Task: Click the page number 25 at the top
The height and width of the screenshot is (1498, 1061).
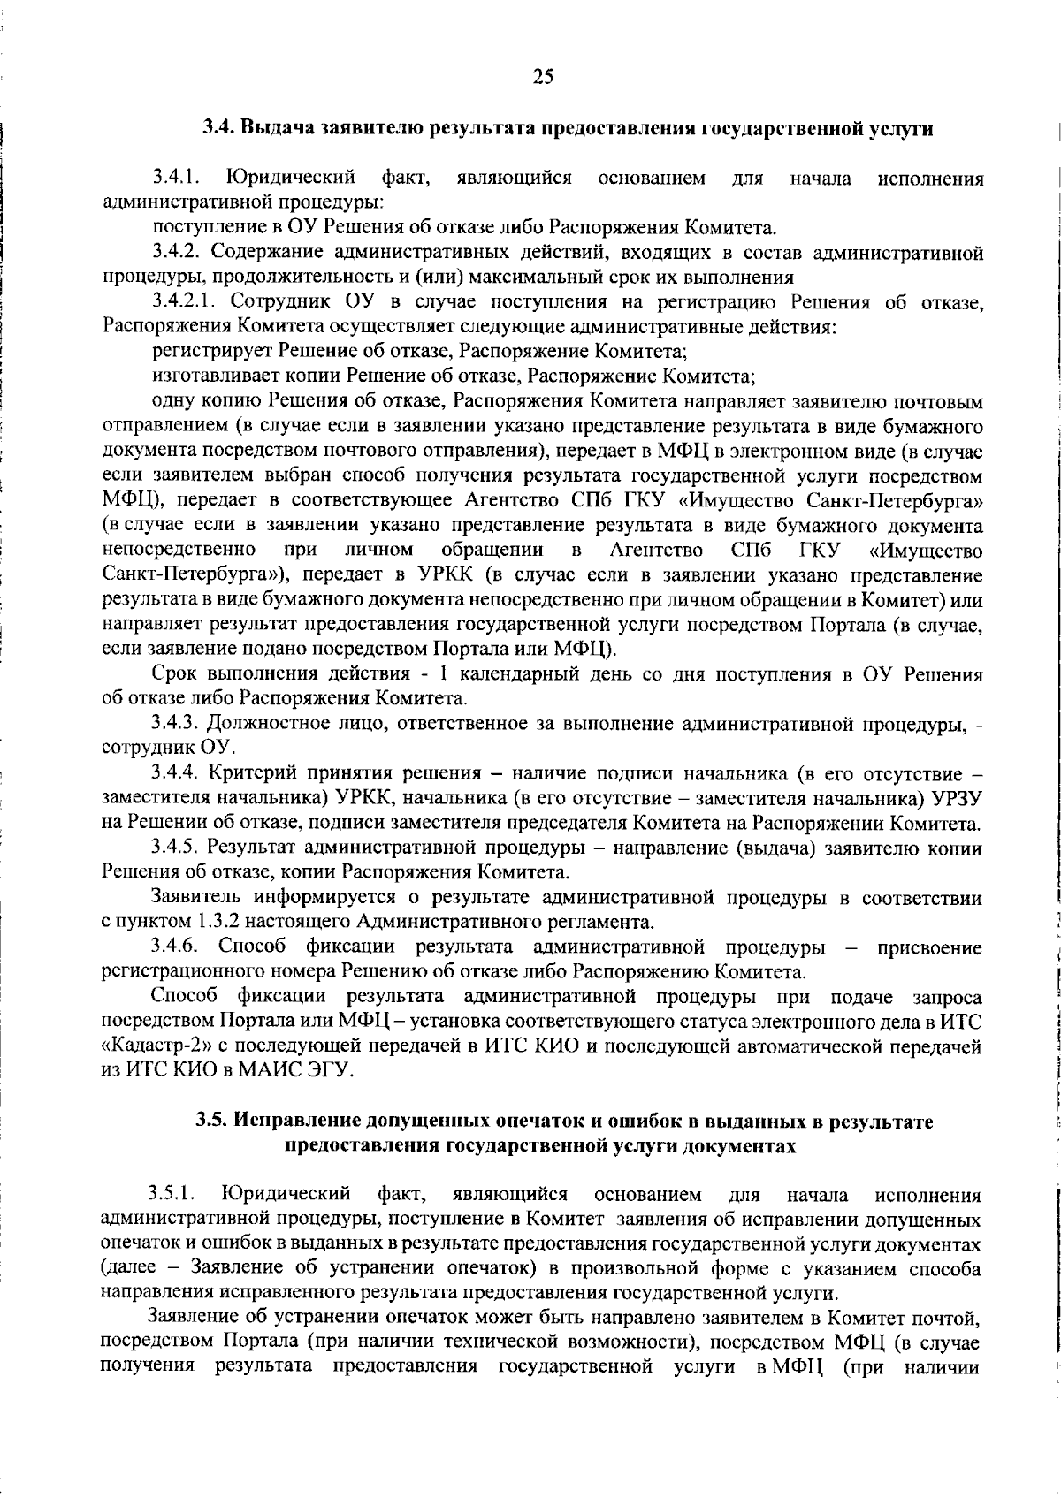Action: coord(543,77)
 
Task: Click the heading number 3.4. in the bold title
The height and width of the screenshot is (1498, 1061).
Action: coord(218,128)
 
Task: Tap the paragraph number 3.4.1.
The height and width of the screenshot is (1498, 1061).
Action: coord(173,179)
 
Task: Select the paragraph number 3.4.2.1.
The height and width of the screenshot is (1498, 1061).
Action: coord(182,302)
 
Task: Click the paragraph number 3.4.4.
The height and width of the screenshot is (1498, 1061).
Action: coord(173,773)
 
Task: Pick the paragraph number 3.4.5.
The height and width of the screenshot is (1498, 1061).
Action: coord(173,848)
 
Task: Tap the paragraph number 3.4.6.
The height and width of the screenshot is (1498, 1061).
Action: coord(173,947)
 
